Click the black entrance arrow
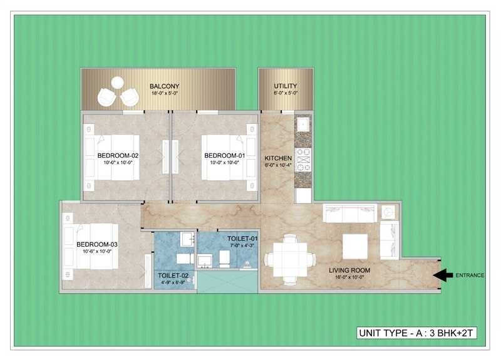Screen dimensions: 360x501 [443, 274]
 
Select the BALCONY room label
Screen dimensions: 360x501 [165, 86]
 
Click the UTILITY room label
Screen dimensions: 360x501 [285, 86]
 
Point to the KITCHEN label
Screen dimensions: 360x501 [277, 158]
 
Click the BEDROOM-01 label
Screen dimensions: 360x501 [224, 155]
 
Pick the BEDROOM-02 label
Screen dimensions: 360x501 [118, 155]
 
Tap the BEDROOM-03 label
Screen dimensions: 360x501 [97, 244]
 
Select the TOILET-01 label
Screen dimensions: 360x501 [243, 239]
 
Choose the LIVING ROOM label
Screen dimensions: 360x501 [350, 270]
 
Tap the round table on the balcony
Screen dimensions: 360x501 [117, 82]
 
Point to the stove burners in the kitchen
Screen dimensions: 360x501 [303, 159]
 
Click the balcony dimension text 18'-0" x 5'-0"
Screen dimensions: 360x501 [165, 94]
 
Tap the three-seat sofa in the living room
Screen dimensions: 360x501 [348, 213]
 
